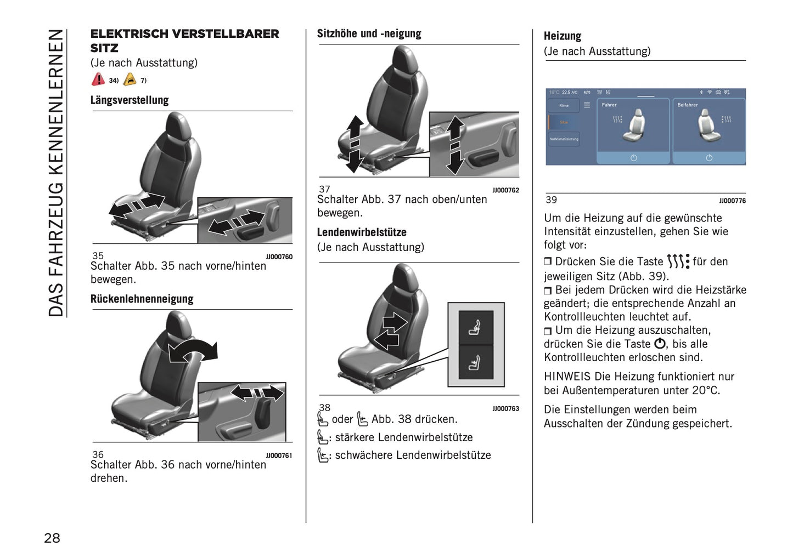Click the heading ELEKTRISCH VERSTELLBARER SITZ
tap(184, 41)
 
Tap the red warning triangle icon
tap(98, 79)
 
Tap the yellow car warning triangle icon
tap(130, 79)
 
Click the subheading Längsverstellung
tap(130, 100)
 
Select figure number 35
tap(98, 255)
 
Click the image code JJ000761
tap(279, 455)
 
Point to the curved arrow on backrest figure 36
tap(193, 350)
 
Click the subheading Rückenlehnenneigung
tap(142, 299)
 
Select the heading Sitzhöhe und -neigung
tap(369, 34)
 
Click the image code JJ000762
tap(505, 190)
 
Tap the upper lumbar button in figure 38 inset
tap(475, 328)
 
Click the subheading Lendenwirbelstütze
tap(362, 232)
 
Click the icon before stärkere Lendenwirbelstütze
tap(323, 437)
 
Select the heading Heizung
tap(562, 36)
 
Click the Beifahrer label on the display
tap(687, 105)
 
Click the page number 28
tap(52, 538)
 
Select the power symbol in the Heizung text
tap(660, 344)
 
